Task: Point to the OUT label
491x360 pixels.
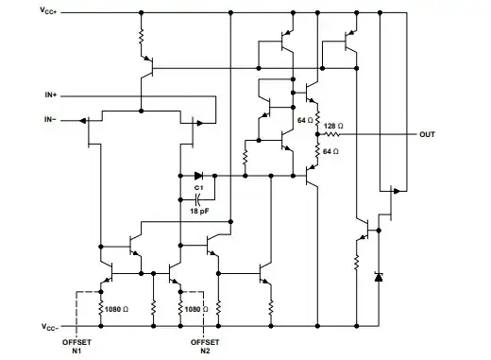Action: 428,134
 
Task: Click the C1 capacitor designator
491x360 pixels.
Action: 198,189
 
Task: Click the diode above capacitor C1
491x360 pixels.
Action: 197,176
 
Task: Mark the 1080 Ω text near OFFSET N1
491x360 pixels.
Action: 119,308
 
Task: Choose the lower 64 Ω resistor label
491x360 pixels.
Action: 330,151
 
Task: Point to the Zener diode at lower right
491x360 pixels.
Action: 380,277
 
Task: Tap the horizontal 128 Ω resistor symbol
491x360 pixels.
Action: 331,135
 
